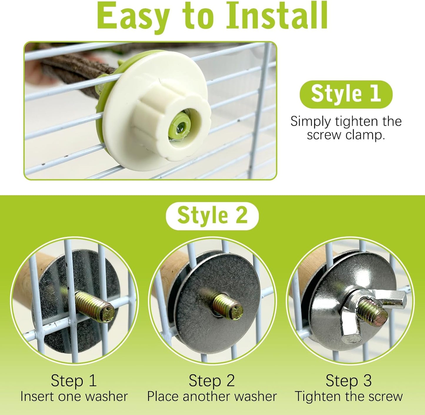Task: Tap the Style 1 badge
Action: tap(346, 94)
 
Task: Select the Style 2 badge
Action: tap(212, 216)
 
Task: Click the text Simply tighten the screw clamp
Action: tap(346, 128)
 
